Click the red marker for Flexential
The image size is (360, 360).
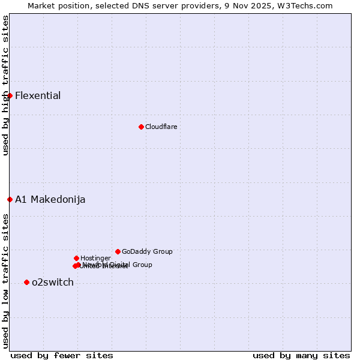(10, 95)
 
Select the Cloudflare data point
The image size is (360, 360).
(141, 127)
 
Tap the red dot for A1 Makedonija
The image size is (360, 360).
(10, 199)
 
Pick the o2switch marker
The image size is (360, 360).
(26, 282)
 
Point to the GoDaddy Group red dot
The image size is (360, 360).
(118, 251)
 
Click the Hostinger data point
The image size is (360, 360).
(76, 258)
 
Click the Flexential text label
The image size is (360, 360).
(38, 96)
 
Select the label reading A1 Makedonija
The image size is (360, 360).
(50, 200)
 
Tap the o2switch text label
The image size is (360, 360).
(53, 283)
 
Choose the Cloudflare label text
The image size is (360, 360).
(161, 127)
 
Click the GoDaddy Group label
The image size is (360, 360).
(147, 252)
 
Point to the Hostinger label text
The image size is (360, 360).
(95, 259)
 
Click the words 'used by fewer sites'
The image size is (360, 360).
(62, 355)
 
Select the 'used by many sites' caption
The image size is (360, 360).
(301, 355)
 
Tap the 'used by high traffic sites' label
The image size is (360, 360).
(5, 85)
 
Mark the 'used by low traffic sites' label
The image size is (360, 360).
(5, 281)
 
